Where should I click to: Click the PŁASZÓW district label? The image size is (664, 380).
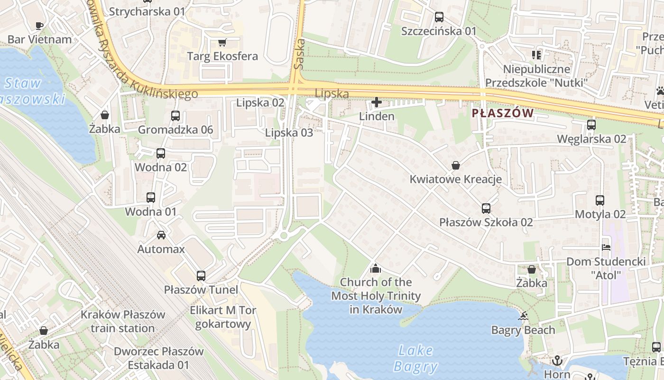pyautogui.click(x=503, y=113)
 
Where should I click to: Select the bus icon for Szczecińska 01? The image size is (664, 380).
pyautogui.click(x=439, y=17)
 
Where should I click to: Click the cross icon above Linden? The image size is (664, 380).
pyautogui.click(x=377, y=102)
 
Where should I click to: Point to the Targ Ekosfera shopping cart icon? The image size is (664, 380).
pyautogui.click(x=222, y=42)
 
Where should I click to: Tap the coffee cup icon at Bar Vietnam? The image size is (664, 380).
pyautogui.click(x=39, y=26)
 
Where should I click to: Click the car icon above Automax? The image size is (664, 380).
pyautogui.click(x=161, y=235)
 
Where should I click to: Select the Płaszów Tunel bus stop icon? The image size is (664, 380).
pyautogui.click(x=201, y=275)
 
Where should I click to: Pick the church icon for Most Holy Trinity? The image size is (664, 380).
pyautogui.click(x=376, y=268)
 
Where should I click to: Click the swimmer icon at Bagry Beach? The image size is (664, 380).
pyautogui.click(x=523, y=316)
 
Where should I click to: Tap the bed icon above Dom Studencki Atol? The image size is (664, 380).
pyautogui.click(x=606, y=247)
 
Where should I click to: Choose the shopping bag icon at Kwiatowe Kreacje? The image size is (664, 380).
pyautogui.click(x=456, y=165)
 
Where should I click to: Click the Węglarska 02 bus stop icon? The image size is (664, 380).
pyautogui.click(x=591, y=125)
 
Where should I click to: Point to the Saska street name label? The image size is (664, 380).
pyautogui.click(x=298, y=54)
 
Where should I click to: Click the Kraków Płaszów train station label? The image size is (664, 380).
pyautogui.click(x=123, y=321)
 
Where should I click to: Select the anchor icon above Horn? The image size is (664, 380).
pyautogui.click(x=557, y=361)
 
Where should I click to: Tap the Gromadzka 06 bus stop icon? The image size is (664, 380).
pyautogui.click(x=175, y=115)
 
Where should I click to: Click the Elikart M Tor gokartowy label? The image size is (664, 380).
pyautogui.click(x=223, y=317)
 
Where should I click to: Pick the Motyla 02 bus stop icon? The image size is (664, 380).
pyautogui.click(x=600, y=200)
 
